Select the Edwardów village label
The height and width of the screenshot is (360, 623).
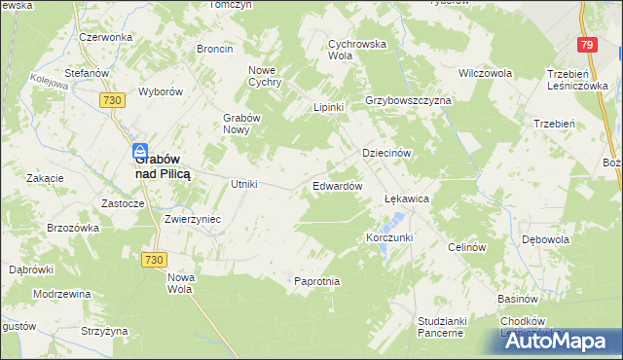(338, 185)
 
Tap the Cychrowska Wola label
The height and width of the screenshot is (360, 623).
(358, 50)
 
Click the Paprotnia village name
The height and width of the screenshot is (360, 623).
(317, 281)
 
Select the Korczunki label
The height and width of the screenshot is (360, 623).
(389, 237)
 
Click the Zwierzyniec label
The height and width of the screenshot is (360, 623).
(193, 219)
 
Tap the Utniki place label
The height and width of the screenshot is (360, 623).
(242, 184)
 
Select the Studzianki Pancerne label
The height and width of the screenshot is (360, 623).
(443, 326)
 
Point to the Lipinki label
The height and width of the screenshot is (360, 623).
(328, 107)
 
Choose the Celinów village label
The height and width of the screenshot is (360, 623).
(466, 247)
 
